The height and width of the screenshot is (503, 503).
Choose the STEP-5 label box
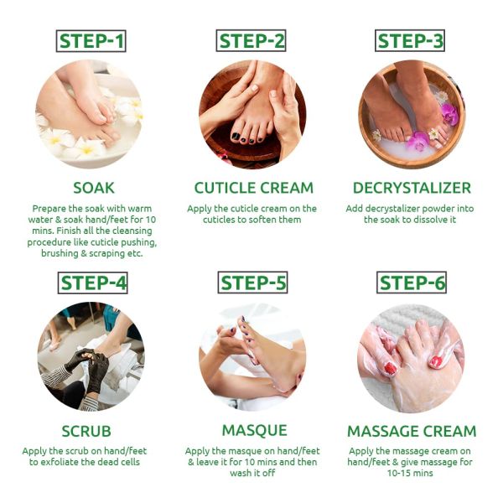point(252,283)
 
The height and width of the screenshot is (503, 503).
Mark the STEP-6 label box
point(412,283)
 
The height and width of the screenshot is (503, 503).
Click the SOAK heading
point(93,188)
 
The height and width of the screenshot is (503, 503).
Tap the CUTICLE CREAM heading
point(253,188)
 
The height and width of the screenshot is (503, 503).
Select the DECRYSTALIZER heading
point(412,188)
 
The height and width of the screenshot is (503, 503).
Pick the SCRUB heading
point(93,431)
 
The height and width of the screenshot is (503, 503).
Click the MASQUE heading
point(253,431)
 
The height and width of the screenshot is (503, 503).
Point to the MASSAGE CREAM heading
point(412,431)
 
